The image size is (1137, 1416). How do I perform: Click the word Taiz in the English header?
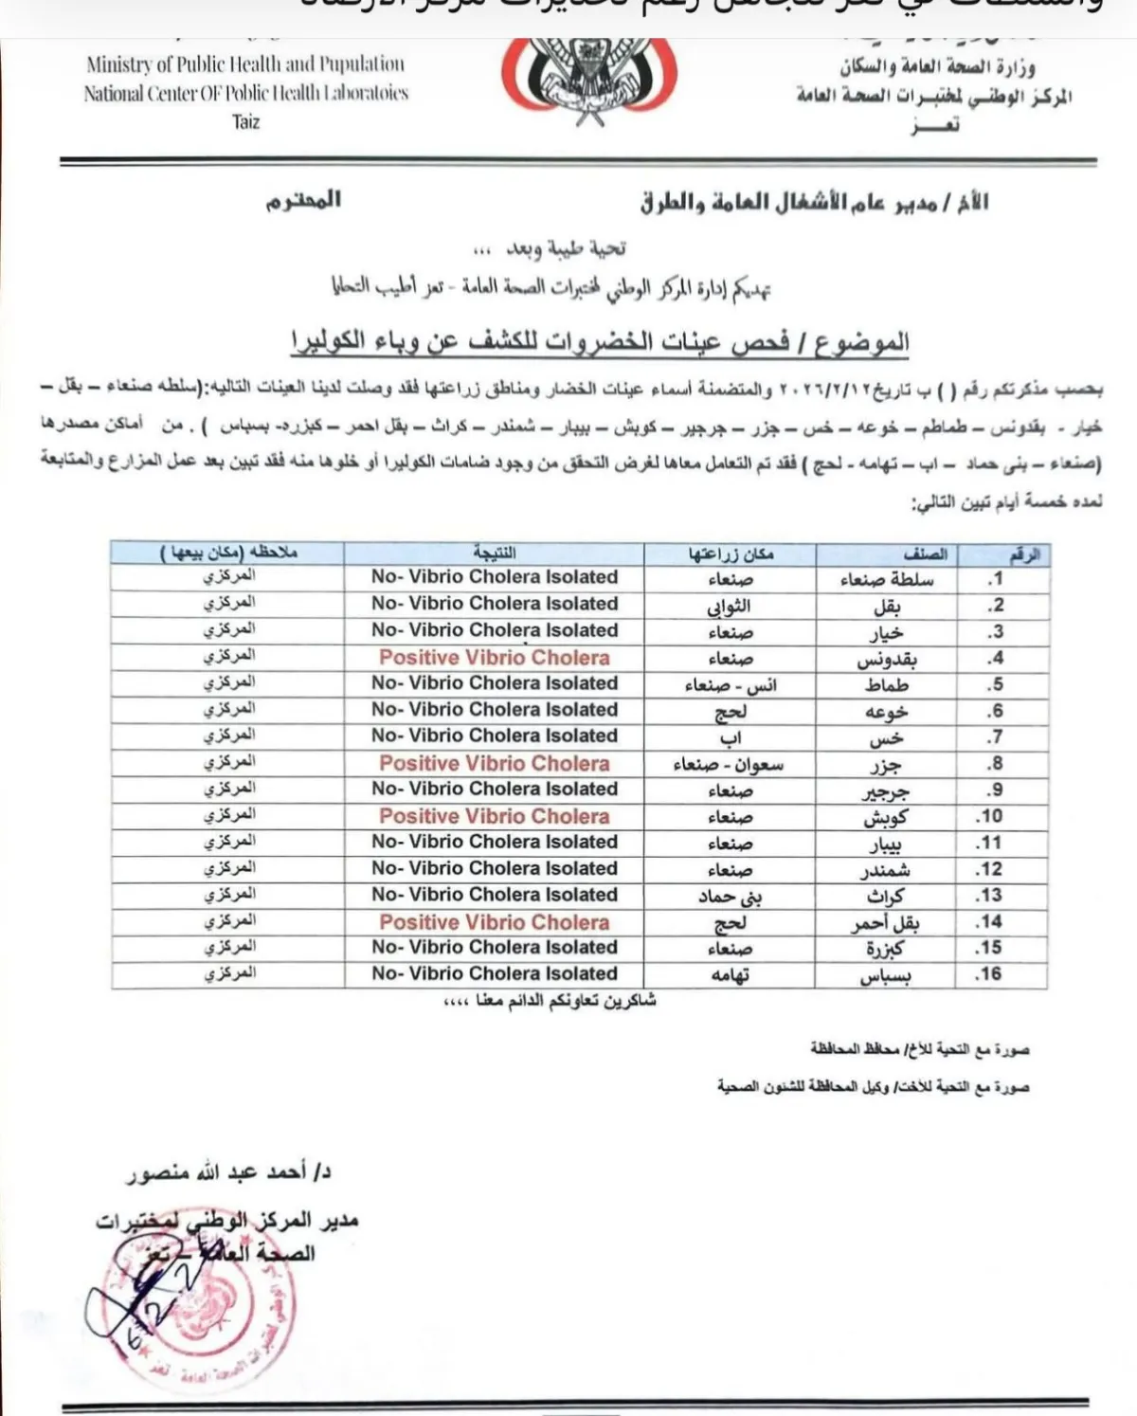[x=245, y=122]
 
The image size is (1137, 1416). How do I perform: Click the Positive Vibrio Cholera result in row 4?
[x=494, y=658]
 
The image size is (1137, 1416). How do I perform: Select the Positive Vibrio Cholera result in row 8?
[x=494, y=764]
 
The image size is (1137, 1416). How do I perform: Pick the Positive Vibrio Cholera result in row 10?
[x=494, y=816]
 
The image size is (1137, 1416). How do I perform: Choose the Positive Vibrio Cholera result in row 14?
[x=494, y=922]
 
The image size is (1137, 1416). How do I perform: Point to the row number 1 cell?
[x=994, y=579]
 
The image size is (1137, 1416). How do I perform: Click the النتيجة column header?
[x=494, y=553]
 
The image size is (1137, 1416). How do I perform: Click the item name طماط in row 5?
[x=886, y=685]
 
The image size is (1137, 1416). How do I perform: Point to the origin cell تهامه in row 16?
[x=730, y=975]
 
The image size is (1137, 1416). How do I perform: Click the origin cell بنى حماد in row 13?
[x=730, y=896]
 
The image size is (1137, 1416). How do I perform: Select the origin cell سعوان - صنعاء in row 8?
[x=729, y=765]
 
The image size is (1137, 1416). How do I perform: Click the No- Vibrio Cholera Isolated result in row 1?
[x=494, y=577]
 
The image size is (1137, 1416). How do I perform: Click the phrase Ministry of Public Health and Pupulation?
[x=245, y=65]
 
